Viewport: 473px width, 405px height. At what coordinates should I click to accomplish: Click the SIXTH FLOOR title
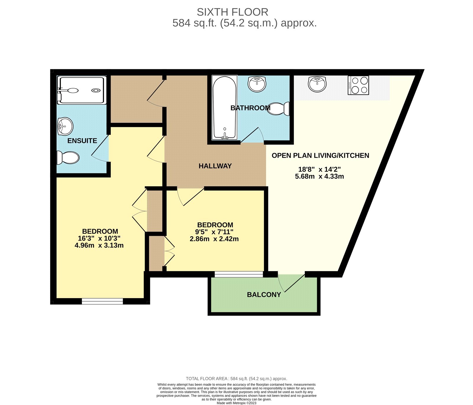coord(232,12)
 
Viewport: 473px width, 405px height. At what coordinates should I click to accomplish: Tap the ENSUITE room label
coord(82,141)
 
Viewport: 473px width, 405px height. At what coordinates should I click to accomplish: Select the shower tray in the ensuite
coord(82,90)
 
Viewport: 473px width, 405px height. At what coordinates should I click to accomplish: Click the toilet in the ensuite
coord(68,157)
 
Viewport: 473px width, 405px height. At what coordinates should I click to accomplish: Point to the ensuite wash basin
coord(65,126)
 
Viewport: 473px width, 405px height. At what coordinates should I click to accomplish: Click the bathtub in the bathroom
coord(224,107)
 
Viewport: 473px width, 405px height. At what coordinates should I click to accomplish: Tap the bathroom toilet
coord(279,109)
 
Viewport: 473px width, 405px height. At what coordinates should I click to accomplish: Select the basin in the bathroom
coord(257,84)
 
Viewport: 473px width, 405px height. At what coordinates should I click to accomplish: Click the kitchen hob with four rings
coord(358,85)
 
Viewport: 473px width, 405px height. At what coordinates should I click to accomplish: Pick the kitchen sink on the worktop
coord(317,84)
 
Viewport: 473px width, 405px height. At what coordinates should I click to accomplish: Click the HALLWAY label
coord(215,166)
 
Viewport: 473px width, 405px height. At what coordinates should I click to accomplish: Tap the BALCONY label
coord(264,295)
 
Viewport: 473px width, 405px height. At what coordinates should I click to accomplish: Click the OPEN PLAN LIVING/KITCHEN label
coord(320,155)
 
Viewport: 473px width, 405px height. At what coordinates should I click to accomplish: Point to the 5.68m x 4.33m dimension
coord(319,176)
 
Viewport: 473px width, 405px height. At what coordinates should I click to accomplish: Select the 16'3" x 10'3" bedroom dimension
coord(99,238)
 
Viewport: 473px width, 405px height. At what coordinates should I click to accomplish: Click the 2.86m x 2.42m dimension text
coord(214,239)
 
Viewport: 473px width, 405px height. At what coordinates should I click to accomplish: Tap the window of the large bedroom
coord(102,301)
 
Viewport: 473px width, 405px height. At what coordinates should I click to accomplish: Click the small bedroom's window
coord(239,274)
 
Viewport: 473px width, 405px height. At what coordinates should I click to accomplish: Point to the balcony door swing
coord(291,283)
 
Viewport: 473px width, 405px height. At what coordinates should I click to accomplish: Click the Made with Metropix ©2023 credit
coord(237,403)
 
